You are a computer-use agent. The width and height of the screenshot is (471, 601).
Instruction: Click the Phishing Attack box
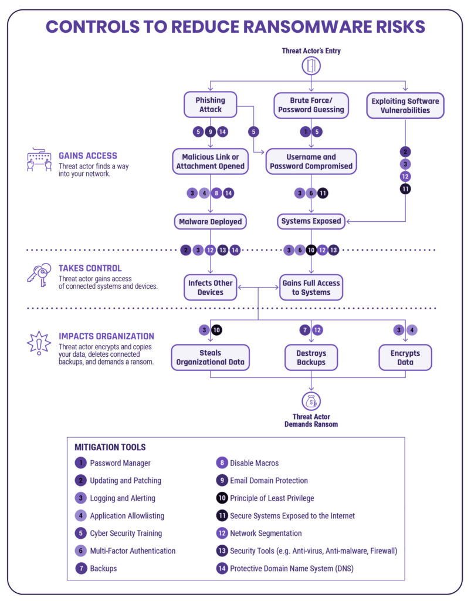210,105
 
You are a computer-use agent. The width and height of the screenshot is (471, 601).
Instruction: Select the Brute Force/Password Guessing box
311,105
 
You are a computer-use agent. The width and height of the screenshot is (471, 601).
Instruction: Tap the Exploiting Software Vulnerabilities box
405,105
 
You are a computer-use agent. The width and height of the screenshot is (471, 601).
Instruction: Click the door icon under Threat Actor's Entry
311,66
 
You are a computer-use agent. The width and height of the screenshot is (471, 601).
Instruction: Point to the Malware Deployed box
210,221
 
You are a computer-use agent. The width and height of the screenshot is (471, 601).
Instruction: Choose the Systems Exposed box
311,221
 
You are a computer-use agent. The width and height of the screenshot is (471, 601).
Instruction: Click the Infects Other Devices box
210,287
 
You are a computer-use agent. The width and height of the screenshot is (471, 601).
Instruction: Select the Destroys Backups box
311,357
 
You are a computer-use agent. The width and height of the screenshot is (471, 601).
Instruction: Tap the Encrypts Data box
405,357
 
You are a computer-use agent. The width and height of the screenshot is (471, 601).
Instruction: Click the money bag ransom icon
311,401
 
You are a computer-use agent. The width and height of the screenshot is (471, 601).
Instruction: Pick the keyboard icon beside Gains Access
39,160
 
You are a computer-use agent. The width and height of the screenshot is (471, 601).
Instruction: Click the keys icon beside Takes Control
39,275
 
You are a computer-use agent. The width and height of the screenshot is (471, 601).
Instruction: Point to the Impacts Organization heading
106,336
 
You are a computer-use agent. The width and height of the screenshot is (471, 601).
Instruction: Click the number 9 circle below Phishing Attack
210,131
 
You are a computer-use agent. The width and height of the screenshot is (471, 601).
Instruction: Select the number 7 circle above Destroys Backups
304,330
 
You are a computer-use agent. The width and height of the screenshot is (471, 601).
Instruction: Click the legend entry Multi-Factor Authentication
133,551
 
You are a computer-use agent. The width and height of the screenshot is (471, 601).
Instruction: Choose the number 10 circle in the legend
221,498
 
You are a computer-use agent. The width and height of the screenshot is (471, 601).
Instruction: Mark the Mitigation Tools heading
110,447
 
